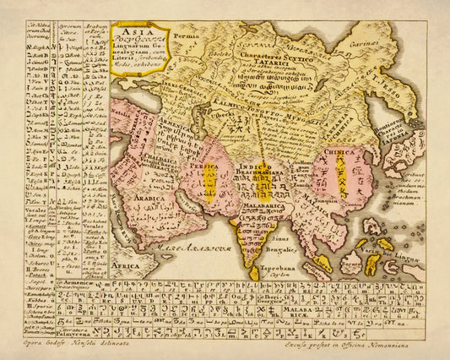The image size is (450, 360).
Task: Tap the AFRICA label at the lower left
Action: tap(125, 265)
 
